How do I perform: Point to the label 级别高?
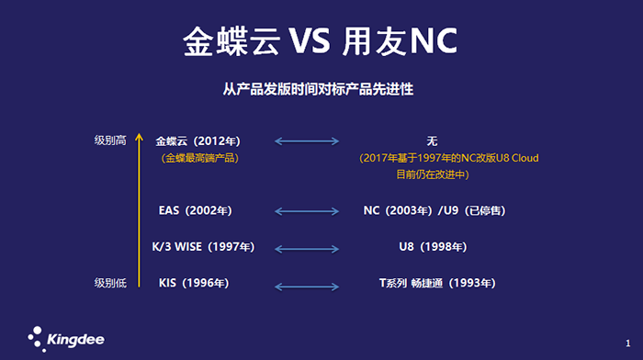click(109, 141)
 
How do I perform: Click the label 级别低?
click(109, 282)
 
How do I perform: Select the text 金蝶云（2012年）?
click(198, 141)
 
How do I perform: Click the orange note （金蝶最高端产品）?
click(198, 158)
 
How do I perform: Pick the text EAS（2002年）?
click(196, 210)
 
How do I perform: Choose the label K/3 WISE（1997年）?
click(203, 247)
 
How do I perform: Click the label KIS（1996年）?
click(195, 283)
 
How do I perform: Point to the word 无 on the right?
click(432, 141)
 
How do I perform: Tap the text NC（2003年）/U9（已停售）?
click(434, 210)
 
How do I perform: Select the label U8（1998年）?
click(432, 247)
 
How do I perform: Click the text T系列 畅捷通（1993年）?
click(438, 283)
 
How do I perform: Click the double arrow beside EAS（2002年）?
click(308, 211)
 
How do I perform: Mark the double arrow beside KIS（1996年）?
click(308, 284)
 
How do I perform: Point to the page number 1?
click(627, 341)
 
